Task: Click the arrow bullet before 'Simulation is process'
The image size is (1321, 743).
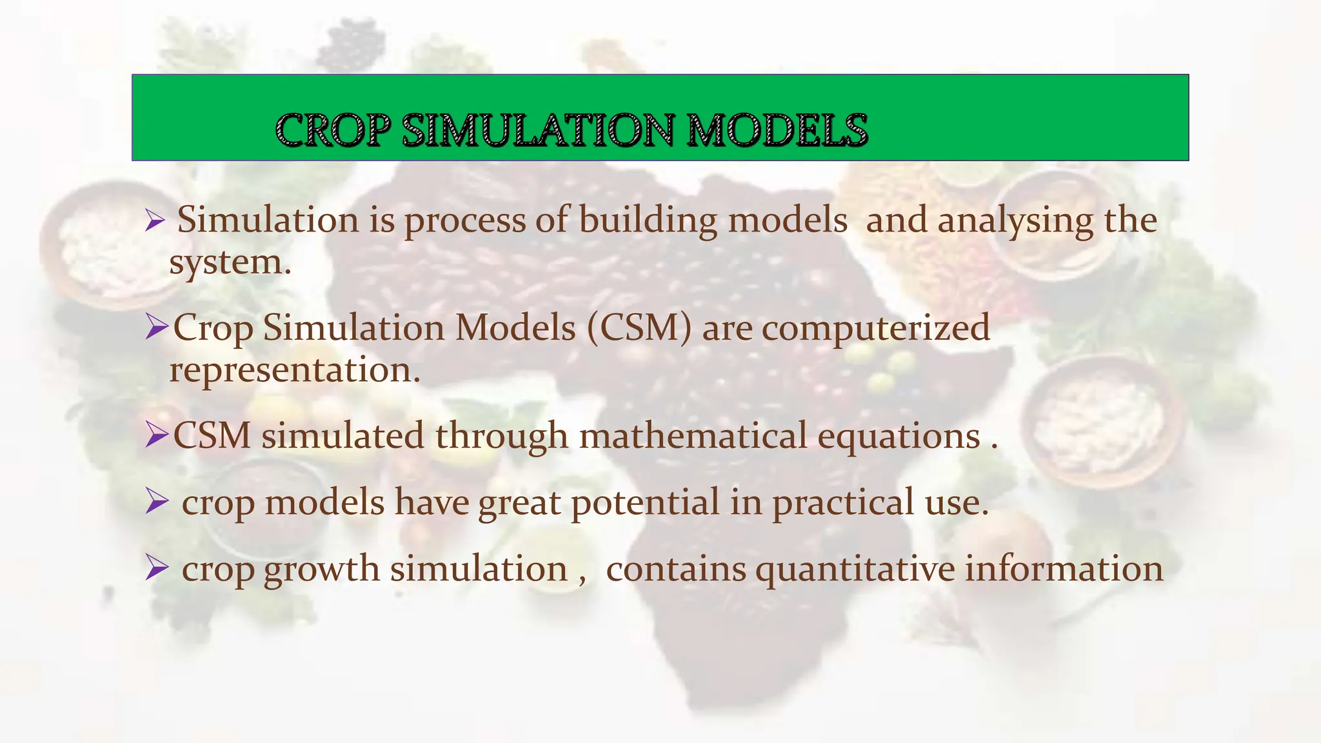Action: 155,221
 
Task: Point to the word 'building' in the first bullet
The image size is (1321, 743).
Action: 648,220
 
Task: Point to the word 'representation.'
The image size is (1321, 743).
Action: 295,371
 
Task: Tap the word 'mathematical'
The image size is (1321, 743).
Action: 693,435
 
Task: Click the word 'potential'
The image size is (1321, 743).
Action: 644,503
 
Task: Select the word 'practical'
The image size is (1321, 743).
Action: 843,503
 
